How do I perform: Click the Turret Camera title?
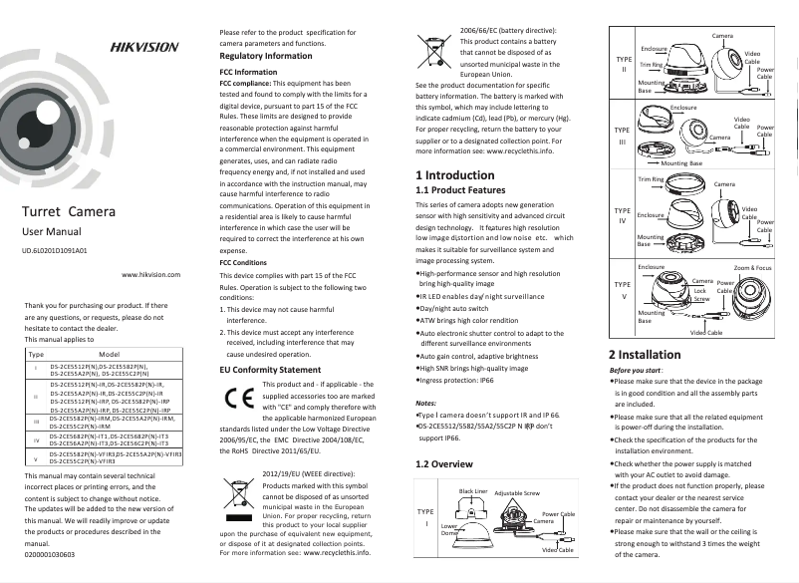point(69,212)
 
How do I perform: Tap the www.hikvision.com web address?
point(150,274)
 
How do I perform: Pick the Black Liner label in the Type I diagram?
point(473,492)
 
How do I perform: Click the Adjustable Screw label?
point(516,493)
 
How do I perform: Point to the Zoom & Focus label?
point(752,268)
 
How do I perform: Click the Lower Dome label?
point(449,530)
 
